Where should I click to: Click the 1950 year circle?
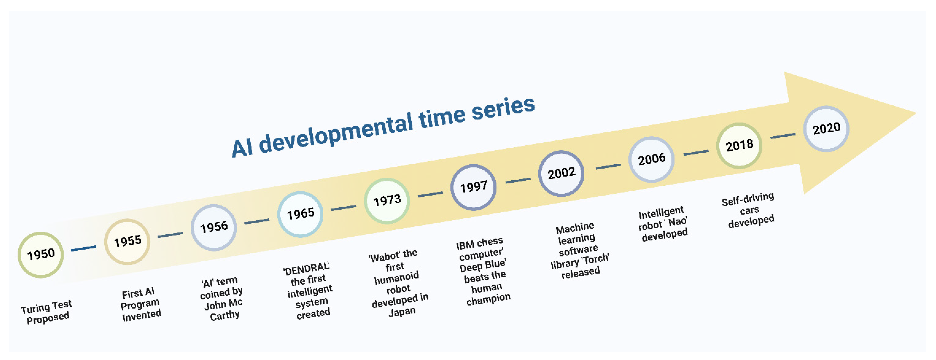tap(41, 255)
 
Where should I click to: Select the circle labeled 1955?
tap(127, 242)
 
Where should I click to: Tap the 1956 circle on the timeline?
tap(214, 228)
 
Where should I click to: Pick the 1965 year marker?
tap(301, 214)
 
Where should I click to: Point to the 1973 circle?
tap(387, 201)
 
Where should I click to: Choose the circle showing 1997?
tap(474, 188)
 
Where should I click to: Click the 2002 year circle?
tap(561, 173)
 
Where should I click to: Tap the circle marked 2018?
tap(739, 146)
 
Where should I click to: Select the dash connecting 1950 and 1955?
tap(84, 249)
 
